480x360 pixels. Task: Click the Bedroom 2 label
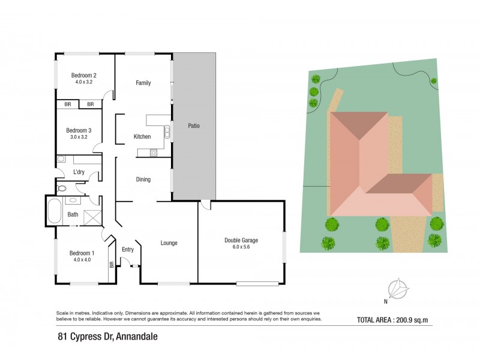tap(84, 75)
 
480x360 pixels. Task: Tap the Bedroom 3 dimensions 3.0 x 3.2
tap(79, 137)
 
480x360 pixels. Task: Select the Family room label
tap(143, 83)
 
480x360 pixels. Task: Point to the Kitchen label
tap(142, 137)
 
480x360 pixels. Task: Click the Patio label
tap(193, 126)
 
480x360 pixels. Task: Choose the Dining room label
tap(143, 179)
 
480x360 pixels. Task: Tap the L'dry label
tap(79, 173)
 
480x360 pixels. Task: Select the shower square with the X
tap(93, 217)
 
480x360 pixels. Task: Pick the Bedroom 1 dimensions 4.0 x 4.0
tap(82, 259)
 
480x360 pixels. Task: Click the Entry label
tap(128, 250)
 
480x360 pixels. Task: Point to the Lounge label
tap(169, 243)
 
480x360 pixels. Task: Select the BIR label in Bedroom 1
tap(112, 264)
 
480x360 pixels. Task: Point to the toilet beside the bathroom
tap(62, 188)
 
